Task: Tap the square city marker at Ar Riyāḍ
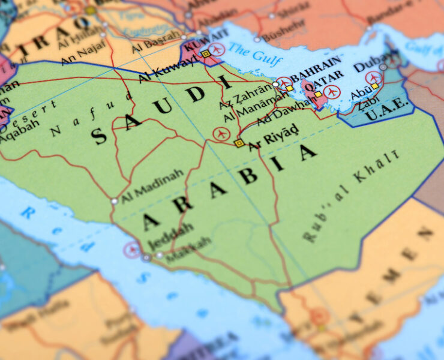coord(239,143)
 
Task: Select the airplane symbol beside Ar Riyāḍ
coord(221,134)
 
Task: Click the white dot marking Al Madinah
coord(114,201)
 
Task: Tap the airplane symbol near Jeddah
coord(132,250)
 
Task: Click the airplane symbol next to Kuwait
coord(217,49)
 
